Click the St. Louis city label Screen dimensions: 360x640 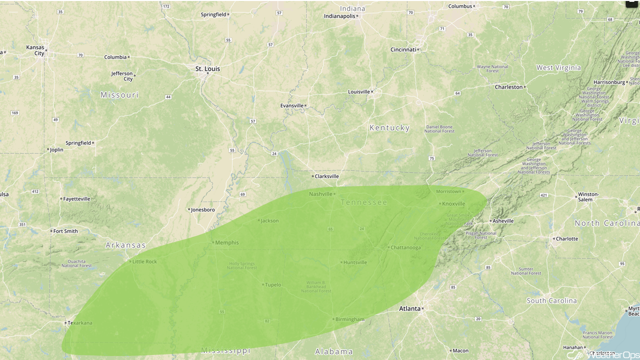[x=207, y=69]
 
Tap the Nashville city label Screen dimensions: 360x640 [x=320, y=194]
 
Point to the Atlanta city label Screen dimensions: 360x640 [x=409, y=308]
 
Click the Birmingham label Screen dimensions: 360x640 [x=350, y=319]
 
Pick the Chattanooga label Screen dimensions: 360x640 [x=405, y=247]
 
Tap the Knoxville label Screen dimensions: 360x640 [x=453, y=204]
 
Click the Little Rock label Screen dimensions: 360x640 [x=144, y=261]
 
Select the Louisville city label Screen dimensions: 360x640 [x=359, y=92]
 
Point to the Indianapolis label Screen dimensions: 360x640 [x=339, y=16]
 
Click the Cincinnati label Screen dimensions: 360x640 [x=403, y=49]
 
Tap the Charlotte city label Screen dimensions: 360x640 [x=567, y=239]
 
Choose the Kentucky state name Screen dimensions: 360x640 [x=389, y=128]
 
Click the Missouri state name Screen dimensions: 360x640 [x=119, y=95]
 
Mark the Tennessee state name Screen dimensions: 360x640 [x=364, y=202]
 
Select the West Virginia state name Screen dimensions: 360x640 [x=558, y=68]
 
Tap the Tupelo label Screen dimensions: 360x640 [x=273, y=285]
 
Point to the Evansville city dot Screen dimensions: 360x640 [x=305, y=105]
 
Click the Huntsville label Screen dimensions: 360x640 [x=355, y=262]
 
